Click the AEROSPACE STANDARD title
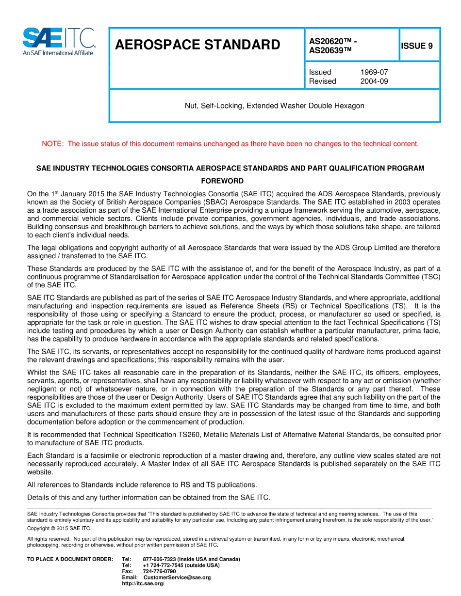tap(198, 45)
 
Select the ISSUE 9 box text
tap(416, 46)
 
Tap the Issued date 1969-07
tap(374, 72)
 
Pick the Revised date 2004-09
tap(374, 81)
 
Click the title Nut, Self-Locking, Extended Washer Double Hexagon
tap(274, 106)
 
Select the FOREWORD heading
tap(230, 181)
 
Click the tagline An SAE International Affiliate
tap(58, 53)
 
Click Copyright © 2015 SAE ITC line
tap(59, 529)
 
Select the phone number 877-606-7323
tap(161, 559)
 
